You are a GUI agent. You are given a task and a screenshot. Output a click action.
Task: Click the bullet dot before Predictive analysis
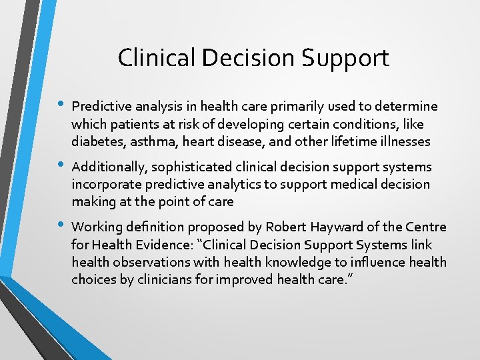[x=61, y=105]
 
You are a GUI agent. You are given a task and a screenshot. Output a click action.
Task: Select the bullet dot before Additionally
[x=61, y=165]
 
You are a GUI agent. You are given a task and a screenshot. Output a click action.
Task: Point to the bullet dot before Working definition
[x=61, y=225]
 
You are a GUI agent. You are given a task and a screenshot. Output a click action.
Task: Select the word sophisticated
[x=183, y=167]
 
